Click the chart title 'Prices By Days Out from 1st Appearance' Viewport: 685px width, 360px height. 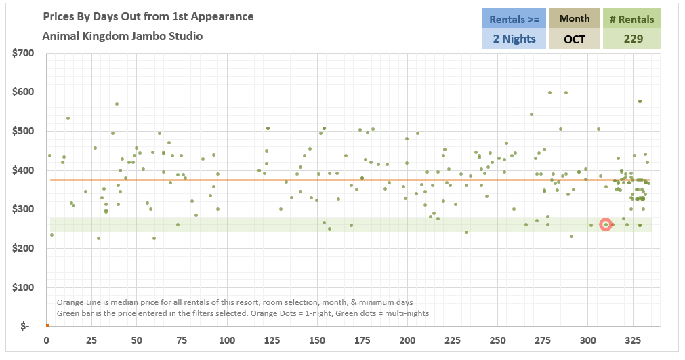(148, 16)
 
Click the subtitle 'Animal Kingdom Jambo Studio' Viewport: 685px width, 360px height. (122, 36)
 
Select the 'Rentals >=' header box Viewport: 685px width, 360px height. (513, 19)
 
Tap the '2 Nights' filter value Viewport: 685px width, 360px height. (513, 39)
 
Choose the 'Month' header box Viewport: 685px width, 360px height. (574, 19)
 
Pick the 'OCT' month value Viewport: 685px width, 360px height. (574, 39)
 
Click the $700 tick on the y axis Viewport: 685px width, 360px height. (24, 53)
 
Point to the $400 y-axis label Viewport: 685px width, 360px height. (24, 170)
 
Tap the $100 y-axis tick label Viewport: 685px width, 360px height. (24, 287)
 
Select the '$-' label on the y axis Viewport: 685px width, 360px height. (25, 327)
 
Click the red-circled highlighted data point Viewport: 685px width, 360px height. (606, 224)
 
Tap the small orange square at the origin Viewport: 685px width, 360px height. (47, 326)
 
